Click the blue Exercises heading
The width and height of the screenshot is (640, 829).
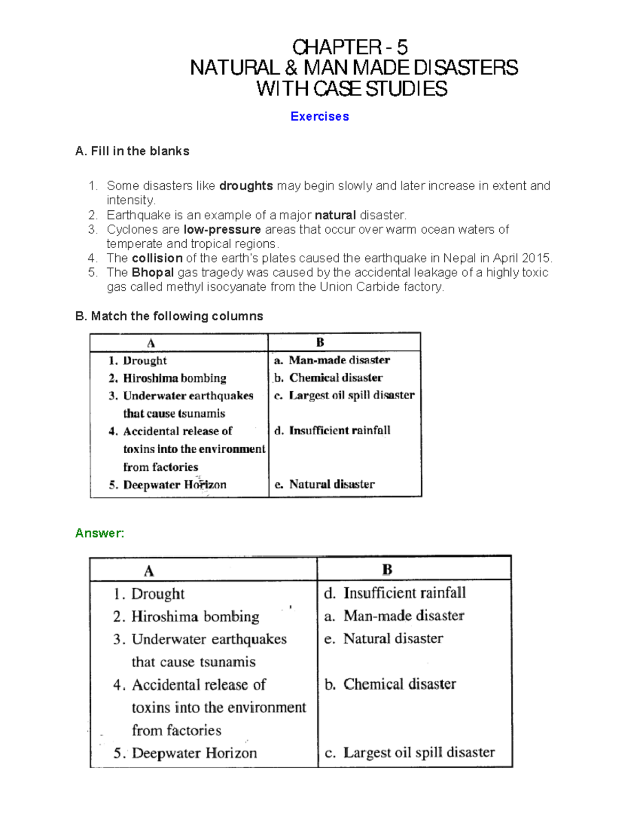click(319, 116)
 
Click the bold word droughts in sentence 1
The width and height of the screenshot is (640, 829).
click(246, 186)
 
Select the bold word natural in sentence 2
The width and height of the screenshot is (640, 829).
click(335, 215)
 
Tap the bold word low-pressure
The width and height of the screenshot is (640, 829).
click(222, 230)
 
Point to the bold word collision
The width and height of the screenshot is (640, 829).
click(157, 258)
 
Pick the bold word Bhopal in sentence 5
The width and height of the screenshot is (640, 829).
click(153, 273)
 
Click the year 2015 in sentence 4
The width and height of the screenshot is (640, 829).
click(535, 258)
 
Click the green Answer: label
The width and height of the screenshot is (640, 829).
click(100, 533)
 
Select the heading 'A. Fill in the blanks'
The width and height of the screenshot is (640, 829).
click(132, 151)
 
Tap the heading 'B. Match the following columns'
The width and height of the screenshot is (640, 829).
click(169, 316)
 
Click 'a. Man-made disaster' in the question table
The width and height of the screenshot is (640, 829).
click(332, 360)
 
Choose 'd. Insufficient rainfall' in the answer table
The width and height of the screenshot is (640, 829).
click(395, 593)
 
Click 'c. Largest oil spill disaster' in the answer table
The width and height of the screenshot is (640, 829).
click(410, 753)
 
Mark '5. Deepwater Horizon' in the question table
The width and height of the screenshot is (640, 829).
click(167, 485)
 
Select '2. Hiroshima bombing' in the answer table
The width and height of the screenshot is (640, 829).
click(186, 617)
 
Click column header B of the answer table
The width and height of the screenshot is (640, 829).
click(387, 570)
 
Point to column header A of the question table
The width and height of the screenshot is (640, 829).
click(151, 343)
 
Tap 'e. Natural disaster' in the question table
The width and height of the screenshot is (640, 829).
click(324, 484)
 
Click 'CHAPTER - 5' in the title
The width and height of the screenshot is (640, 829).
click(350, 48)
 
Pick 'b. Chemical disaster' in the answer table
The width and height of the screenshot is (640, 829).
click(390, 684)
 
